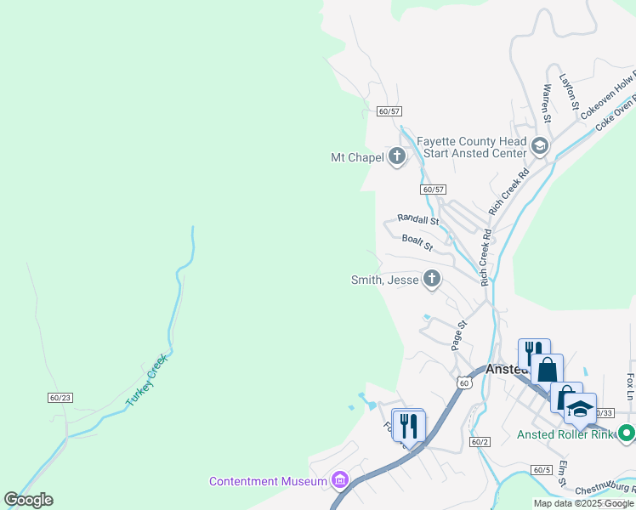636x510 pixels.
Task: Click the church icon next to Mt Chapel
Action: click(x=397, y=156)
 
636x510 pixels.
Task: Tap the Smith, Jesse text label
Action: click(x=385, y=280)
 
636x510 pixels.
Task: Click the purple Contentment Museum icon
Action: click(x=341, y=481)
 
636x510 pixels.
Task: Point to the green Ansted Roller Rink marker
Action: click(x=627, y=433)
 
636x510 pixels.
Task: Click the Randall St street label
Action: click(x=417, y=220)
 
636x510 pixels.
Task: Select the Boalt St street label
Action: click(x=417, y=243)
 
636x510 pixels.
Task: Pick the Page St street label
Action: click(x=459, y=335)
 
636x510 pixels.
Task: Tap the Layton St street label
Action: click(x=568, y=93)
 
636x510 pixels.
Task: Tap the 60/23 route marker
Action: click(x=60, y=397)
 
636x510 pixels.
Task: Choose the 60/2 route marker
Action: click(x=480, y=441)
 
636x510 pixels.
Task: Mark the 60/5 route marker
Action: click(x=542, y=469)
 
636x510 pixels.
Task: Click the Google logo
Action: click(x=29, y=500)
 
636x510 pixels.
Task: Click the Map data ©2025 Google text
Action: click(x=584, y=503)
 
